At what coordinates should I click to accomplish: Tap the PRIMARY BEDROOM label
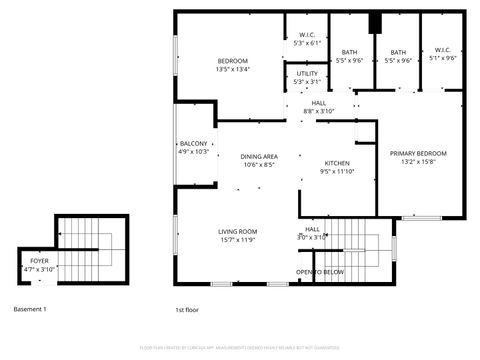tap(418, 153)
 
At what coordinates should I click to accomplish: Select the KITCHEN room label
tap(337, 163)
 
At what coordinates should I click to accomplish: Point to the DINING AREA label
tap(259, 157)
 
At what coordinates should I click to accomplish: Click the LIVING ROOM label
tap(238, 232)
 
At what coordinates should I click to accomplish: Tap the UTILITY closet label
tap(307, 74)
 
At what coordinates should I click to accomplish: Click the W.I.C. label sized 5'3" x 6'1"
tap(307, 36)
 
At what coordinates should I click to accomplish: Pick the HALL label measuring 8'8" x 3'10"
tap(318, 103)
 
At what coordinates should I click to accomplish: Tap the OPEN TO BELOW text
tap(319, 272)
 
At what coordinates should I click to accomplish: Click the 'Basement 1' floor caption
tap(30, 309)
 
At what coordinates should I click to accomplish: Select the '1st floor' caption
tap(187, 309)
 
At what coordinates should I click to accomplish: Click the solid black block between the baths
tap(375, 24)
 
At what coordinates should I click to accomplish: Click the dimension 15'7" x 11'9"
tap(238, 240)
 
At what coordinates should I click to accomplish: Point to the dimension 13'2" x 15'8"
tap(418, 162)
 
